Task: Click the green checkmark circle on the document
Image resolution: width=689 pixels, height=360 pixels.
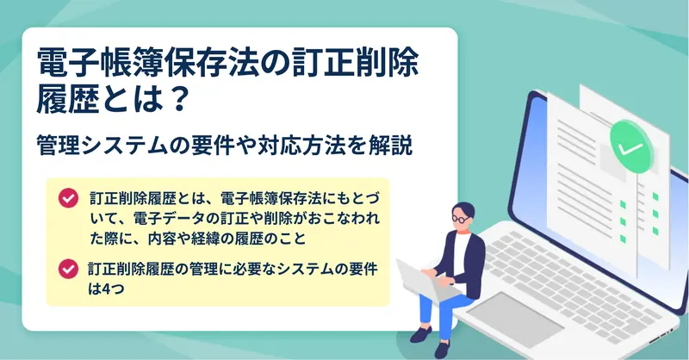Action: point(631,146)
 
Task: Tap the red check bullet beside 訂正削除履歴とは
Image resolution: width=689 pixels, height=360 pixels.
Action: point(68,198)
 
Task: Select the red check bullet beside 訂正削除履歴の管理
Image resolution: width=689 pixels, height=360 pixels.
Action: point(68,269)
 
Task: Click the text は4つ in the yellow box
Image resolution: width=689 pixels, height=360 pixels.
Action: point(106,289)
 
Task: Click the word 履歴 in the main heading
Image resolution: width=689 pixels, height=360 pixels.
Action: point(67,99)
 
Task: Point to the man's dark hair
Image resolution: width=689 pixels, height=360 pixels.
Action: point(463,209)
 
